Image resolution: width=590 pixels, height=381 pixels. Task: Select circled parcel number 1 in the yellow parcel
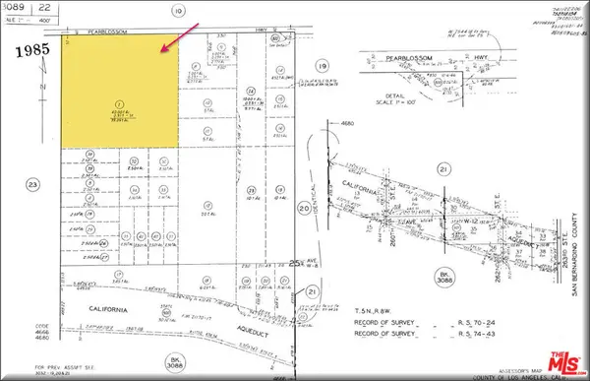(x=119, y=101)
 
